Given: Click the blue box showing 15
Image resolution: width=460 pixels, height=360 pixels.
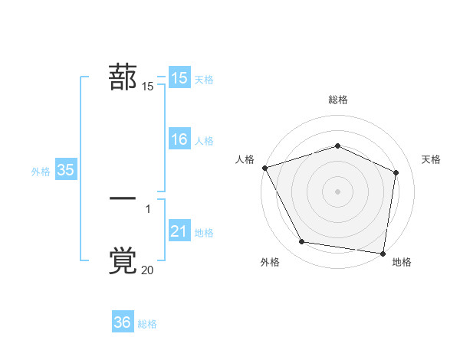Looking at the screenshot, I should [x=179, y=78].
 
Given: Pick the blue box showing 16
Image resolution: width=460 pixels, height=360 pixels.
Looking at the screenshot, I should [x=179, y=139].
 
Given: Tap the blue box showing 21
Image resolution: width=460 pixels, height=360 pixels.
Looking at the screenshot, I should [x=179, y=231].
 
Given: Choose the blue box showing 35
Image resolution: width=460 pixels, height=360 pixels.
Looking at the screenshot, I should [x=65, y=170].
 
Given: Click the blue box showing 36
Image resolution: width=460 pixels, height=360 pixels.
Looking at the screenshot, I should [x=123, y=322].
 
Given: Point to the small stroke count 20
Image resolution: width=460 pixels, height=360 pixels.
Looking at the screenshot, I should [x=147, y=270].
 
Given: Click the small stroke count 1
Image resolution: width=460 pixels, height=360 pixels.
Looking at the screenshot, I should [x=148, y=208].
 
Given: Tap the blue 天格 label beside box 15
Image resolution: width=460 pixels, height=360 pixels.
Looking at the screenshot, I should [x=204, y=80].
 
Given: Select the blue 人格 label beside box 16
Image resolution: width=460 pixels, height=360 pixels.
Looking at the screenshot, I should [x=204, y=141].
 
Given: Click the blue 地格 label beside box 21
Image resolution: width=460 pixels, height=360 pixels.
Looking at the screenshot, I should [x=204, y=233].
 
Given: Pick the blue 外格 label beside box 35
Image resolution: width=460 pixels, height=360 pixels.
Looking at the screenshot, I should [x=41, y=172].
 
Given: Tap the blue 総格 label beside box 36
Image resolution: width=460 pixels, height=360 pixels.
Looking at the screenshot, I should [x=147, y=324].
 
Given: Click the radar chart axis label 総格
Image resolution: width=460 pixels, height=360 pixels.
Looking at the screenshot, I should [x=337, y=100].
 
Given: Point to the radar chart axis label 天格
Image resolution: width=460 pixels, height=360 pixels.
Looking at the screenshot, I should [x=431, y=159].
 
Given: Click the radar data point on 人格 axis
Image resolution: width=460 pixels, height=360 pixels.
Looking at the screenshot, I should [x=264, y=168].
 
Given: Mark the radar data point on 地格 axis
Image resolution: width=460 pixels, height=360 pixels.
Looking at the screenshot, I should [x=383, y=253].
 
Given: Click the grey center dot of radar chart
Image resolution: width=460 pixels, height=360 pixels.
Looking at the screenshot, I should [x=337, y=191].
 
